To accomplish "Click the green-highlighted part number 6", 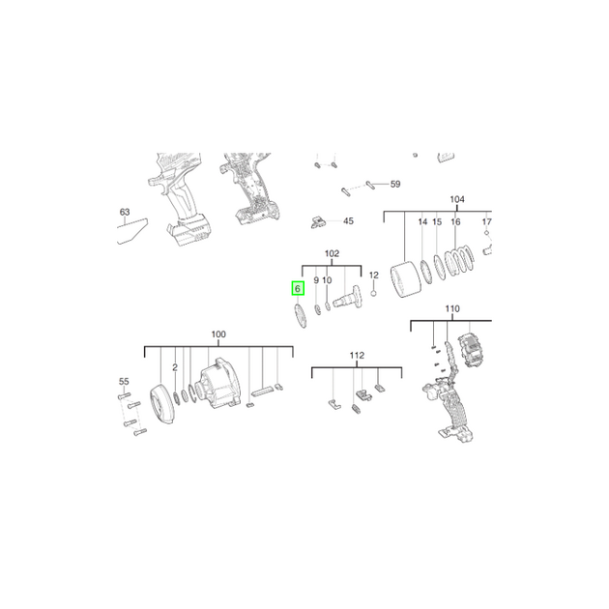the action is (298, 289).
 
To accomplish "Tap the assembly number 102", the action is (332, 253).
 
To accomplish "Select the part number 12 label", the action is (374, 275).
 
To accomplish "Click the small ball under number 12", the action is (374, 293).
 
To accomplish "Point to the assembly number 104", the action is (457, 199).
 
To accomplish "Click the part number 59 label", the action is (395, 184).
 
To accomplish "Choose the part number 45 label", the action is (348, 221).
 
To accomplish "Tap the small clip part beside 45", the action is (318, 222).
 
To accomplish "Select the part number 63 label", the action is (125, 212).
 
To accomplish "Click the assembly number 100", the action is (218, 334).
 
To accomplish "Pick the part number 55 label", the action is (124, 382).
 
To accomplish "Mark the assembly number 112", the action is (357, 356).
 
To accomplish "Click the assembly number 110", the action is (452, 308).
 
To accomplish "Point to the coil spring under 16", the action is (459, 261).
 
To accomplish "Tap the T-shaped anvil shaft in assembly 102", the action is (348, 298).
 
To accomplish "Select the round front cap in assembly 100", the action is (162, 404).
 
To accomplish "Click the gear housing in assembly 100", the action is (219, 385).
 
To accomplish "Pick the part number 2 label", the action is (175, 367).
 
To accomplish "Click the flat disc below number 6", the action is (301, 316).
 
